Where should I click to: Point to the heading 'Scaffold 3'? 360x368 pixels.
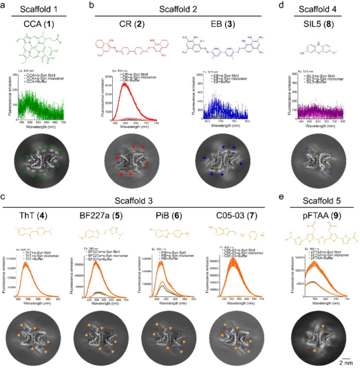pyautogui.click(x=134, y=199)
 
